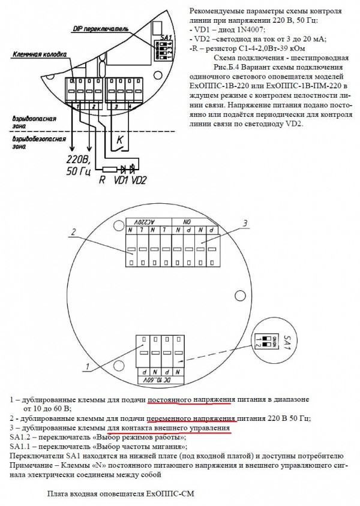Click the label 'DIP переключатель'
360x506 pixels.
98,28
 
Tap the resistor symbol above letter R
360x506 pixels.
109,169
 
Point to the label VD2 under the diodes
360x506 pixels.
139,180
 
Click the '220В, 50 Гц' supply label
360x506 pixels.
77,165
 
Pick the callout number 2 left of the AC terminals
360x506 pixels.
73,232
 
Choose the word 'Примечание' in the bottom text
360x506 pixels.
31,465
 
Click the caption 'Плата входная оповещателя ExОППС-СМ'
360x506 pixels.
121,495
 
